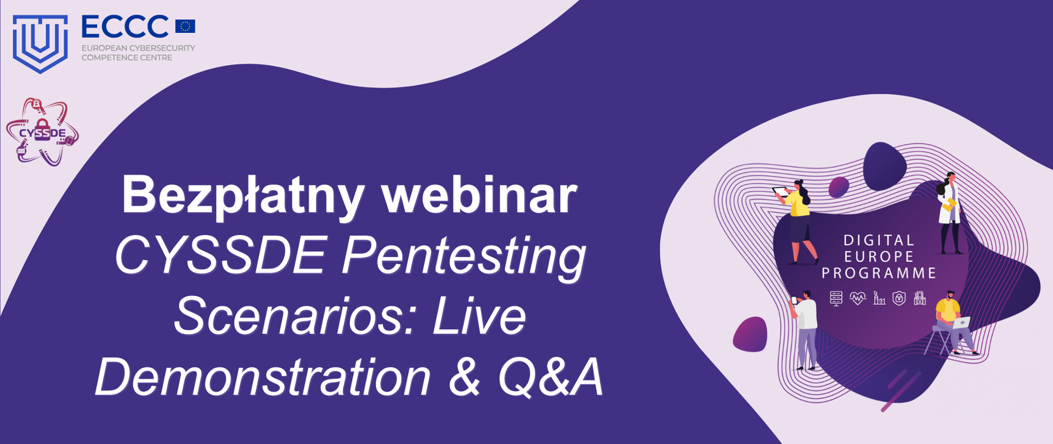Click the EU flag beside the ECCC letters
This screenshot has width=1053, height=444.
(185, 26)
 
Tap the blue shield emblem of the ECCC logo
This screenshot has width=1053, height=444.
(40, 43)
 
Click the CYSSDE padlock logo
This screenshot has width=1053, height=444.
(42, 132)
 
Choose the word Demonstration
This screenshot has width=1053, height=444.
(263, 377)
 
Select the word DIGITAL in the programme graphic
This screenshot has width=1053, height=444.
(879, 240)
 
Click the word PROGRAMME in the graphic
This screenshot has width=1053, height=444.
(879, 273)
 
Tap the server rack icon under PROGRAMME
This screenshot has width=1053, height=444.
(836, 298)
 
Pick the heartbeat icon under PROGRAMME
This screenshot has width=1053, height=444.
(857, 298)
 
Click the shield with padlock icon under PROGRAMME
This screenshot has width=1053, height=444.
(899, 298)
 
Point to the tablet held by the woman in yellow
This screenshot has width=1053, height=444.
(780, 191)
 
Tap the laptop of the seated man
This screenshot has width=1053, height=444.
(961, 322)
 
